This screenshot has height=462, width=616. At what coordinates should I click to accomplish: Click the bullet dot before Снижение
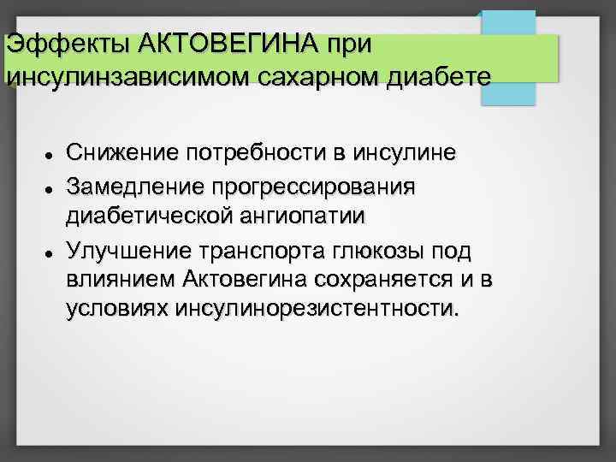pyautogui.click(x=52, y=156)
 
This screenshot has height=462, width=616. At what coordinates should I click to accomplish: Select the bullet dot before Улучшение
pyautogui.click(x=52, y=254)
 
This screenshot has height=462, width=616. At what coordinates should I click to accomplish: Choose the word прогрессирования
pyautogui.click(x=313, y=186)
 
